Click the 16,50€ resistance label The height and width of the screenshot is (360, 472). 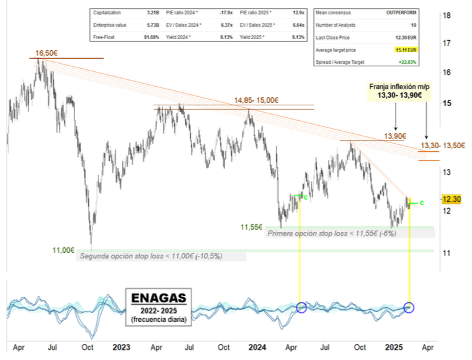pyautogui.click(x=47, y=54)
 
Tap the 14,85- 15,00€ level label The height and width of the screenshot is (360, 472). pyautogui.click(x=256, y=100)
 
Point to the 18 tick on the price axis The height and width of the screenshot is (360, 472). pyautogui.click(x=445, y=15)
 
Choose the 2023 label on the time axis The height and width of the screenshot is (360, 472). pyautogui.click(x=121, y=348)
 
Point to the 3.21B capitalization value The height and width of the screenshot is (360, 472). pyautogui.click(x=153, y=12)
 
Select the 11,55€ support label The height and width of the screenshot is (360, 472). pyautogui.click(x=251, y=228)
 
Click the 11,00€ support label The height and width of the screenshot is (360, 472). pyautogui.click(x=63, y=250)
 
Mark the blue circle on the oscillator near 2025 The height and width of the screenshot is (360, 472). pyautogui.click(x=409, y=307)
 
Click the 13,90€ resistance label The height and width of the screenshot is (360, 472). pyautogui.click(x=395, y=136)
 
